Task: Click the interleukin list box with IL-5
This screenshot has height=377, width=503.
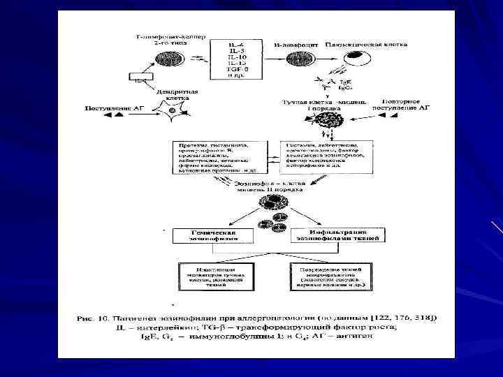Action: pos(237,57)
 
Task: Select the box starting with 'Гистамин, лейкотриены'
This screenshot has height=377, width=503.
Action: pos(328,153)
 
